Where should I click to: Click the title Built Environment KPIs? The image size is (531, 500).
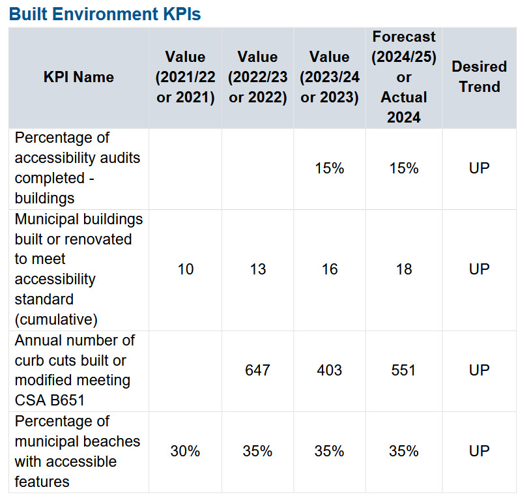105,14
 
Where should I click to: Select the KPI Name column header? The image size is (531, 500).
78,77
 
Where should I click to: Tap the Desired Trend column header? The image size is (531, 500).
479,77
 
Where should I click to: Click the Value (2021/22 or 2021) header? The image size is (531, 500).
185,77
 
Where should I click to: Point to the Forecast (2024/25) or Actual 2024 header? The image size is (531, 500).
403,77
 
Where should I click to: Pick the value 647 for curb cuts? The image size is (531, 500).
257,370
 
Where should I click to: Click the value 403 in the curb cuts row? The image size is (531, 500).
329,370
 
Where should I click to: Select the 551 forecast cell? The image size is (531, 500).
403,370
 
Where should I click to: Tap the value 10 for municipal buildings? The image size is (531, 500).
185,269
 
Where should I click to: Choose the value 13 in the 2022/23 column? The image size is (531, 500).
257,269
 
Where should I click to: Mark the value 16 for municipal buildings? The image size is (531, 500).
329,269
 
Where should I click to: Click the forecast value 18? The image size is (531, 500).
403,269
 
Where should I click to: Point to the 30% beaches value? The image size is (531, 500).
185,451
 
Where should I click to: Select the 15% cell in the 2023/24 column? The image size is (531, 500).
329,168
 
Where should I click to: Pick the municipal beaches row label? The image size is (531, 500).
77,451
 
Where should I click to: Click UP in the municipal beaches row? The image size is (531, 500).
479,451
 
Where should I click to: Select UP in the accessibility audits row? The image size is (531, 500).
479,168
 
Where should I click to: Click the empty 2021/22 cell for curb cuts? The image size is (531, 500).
185,370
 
